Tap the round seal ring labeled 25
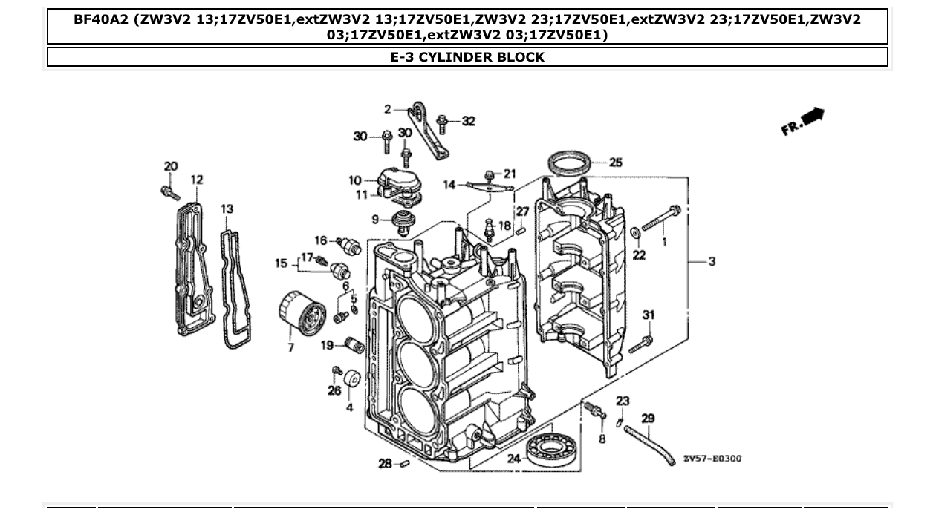[x=570, y=163]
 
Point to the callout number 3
[x=712, y=261]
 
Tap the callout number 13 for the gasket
[x=227, y=211]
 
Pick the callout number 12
[x=196, y=180]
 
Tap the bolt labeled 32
[x=443, y=120]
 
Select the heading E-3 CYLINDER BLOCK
[x=467, y=57]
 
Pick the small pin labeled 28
[x=405, y=465]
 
